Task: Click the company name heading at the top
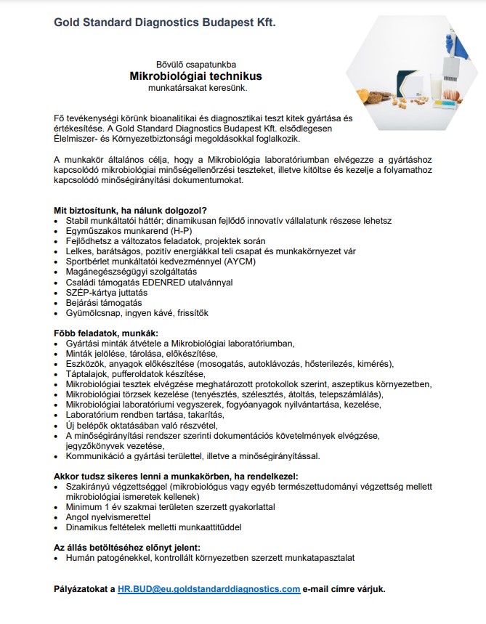click(164, 23)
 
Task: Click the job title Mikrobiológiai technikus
click(195, 76)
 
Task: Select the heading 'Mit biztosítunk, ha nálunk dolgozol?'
click(130, 209)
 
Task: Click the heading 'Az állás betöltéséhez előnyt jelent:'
click(127, 547)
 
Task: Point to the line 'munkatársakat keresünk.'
click(196, 88)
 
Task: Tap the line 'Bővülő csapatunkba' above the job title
click(195, 64)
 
